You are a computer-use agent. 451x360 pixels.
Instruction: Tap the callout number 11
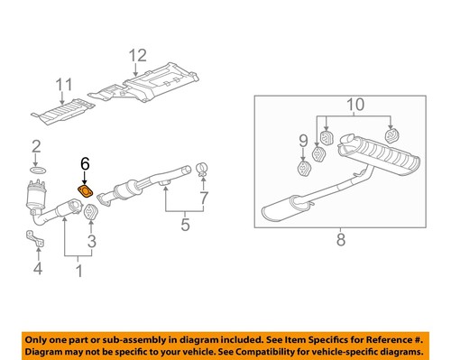63,88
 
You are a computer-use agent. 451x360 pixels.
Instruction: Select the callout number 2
36,146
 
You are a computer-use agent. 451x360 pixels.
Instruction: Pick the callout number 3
90,242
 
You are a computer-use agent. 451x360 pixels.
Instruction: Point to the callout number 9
301,140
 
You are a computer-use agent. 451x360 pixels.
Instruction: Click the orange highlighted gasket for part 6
86,190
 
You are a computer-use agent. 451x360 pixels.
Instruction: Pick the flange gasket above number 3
90,213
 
